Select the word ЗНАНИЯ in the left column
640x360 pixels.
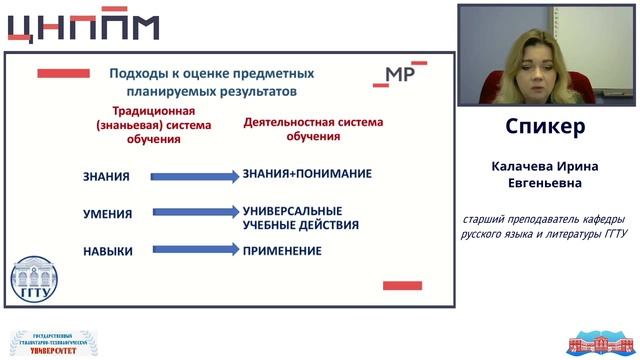pyautogui.click(x=106, y=177)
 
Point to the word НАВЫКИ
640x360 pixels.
pyautogui.click(x=108, y=251)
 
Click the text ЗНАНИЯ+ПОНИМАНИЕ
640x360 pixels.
pyautogui.click(x=307, y=174)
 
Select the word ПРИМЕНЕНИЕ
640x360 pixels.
pyautogui.click(x=282, y=251)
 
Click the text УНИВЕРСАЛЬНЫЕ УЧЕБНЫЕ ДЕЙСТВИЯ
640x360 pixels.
pyautogui.click(x=292, y=217)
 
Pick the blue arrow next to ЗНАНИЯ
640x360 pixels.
pyautogui.click(x=194, y=177)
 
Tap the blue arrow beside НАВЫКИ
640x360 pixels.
pyautogui.click(x=194, y=250)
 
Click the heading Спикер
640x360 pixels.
pyautogui.click(x=545, y=128)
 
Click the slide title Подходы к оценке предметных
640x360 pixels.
pyautogui.click(x=211, y=73)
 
